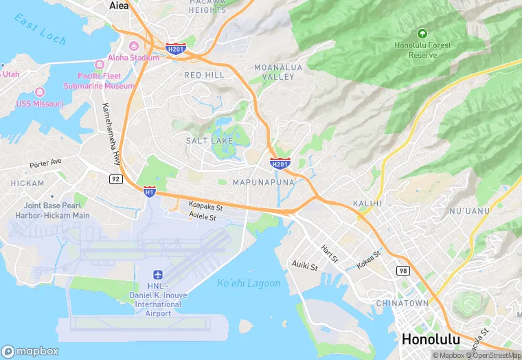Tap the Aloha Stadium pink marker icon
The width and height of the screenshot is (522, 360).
click(102, 58)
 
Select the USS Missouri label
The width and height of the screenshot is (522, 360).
click(40, 103)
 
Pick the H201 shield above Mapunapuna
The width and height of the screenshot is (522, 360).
click(280, 164)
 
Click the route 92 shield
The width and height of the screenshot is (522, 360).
click(116, 179)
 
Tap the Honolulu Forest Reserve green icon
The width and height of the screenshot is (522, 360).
click(422, 33)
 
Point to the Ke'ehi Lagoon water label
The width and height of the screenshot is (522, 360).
click(249, 283)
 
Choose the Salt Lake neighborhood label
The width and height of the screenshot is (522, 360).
click(209, 140)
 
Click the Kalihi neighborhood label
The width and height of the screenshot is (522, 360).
click(366, 204)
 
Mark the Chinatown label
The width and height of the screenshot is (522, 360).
click(402, 303)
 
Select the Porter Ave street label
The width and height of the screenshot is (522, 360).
click(45, 165)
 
